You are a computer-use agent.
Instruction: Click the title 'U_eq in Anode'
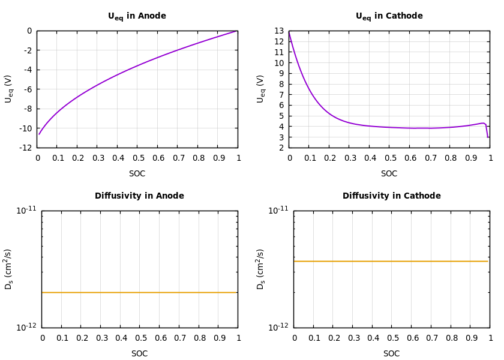click(x=137, y=17)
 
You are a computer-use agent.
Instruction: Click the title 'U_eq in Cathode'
click(x=389, y=17)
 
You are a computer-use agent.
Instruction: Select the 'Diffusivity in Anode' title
click(x=139, y=196)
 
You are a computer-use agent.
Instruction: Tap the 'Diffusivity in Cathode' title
click(x=391, y=196)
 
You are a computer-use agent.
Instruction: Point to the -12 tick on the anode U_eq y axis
click(x=25, y=148)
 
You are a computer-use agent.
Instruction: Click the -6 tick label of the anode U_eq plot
click(x=27, y=89)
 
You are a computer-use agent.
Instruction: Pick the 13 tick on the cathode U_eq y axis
click(x=279, y=31)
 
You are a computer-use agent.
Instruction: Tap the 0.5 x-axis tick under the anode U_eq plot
click(x=137, y=158)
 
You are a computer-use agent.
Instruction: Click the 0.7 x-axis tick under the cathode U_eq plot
click(x=430, y=158)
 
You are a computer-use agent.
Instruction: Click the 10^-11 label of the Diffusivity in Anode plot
click(x=26, y=210)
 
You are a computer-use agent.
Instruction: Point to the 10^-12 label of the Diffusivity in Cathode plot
click(x=278, y=327)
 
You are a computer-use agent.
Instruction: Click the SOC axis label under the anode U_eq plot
click(x=137, y=174)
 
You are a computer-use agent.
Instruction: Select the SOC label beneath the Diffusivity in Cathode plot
click(x=391, y=354)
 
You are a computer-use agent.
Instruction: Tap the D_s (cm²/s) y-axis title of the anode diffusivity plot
click(x=8, y=269)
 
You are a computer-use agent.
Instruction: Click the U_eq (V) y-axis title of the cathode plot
click(x=260, y=89)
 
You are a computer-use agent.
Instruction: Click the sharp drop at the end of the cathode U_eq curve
click(x=487, y=130)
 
